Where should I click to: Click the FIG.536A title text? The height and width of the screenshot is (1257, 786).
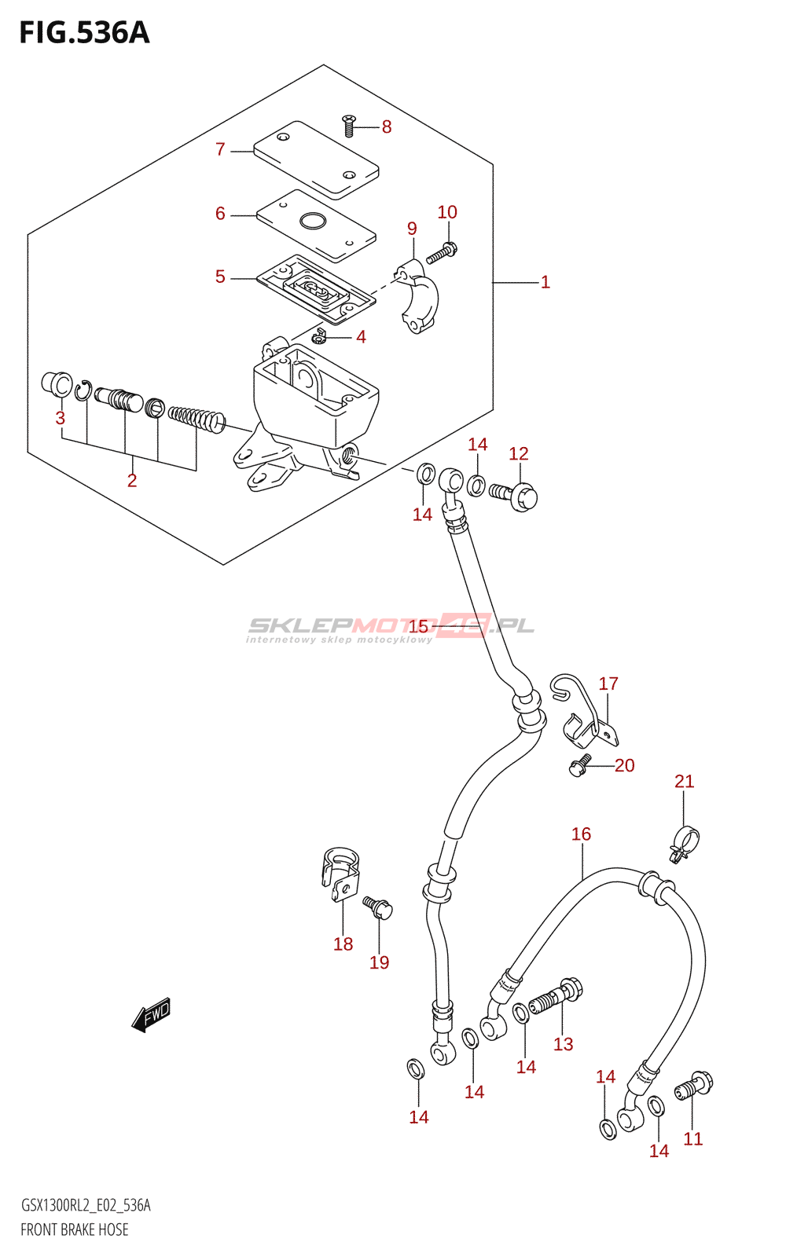coord(84,33)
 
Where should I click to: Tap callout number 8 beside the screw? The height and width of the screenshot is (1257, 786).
coord(386,127)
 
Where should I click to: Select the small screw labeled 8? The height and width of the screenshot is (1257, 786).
coord(349,124)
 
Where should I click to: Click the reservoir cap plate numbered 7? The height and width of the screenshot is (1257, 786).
coord(316,159)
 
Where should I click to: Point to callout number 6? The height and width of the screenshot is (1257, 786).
coord(220,214)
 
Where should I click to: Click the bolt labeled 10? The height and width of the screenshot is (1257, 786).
coord(442,254)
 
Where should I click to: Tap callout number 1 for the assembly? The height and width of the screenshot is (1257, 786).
coord(545,282)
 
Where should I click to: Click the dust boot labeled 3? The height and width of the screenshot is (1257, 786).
coord(56,383)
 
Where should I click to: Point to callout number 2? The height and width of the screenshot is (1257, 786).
coord(132,481)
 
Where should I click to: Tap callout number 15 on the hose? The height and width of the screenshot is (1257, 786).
coord(418,626)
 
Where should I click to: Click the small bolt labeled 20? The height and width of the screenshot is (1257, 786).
coord(580,766)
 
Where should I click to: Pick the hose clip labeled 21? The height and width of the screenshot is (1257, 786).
coord(684,840)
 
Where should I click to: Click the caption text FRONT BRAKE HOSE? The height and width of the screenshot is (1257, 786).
coord(75,1230)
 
